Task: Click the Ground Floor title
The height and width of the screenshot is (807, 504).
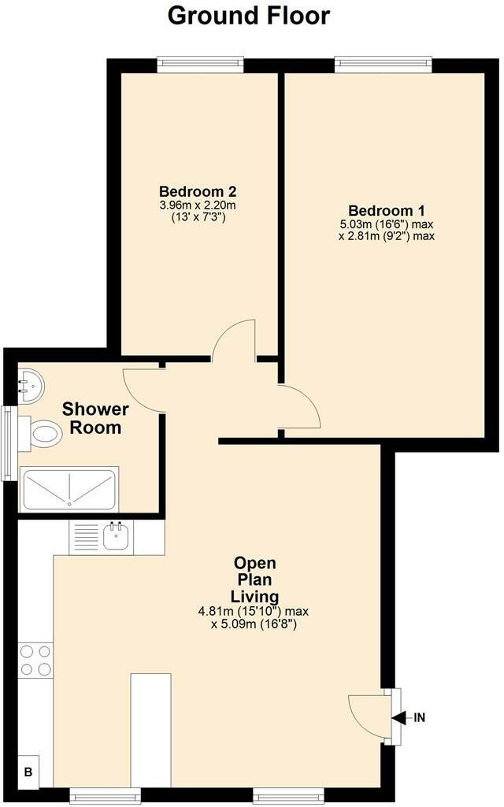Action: pos(249,15)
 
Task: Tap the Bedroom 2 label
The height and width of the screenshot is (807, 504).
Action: pos(198,191)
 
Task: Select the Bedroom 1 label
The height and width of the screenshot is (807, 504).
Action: pos(387,211)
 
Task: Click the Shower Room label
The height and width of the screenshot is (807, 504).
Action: pos(94,418)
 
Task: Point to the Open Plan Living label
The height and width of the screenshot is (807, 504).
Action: pos(255,579)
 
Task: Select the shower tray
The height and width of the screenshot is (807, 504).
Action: pos(69,489)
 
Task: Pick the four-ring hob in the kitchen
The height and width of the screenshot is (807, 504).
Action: pos(35,660)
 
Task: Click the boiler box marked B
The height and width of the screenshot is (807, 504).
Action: pos(28,772)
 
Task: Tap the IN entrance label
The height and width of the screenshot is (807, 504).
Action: pos(420,717)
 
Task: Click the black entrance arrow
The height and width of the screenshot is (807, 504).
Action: pos(400,717)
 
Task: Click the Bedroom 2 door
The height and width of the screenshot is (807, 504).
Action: pos(235,339)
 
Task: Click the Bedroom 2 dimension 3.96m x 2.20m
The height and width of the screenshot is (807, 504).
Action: pos(198,205)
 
